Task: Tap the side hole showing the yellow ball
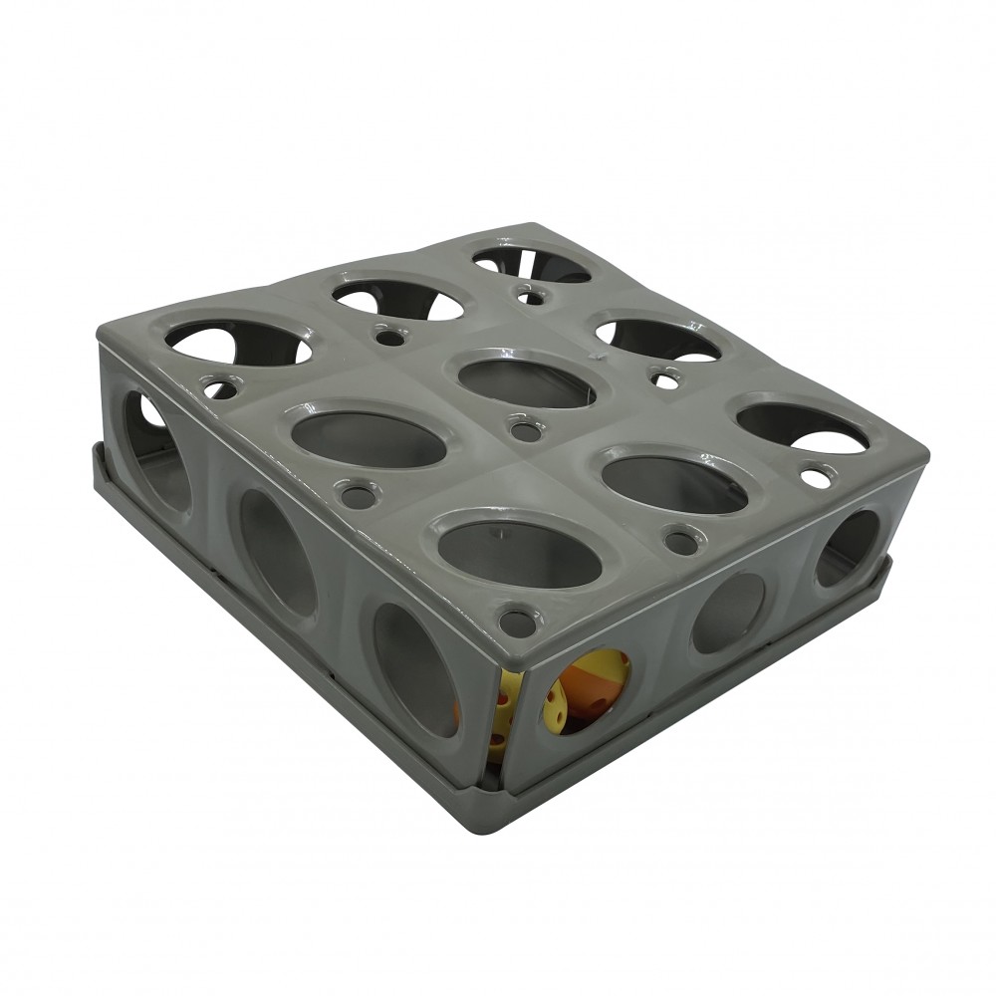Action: [586, 691]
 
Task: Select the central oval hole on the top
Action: [526, 378]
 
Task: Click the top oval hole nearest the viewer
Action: [520, 553]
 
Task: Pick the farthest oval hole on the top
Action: [530, 264]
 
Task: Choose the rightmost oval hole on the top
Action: [802, 427]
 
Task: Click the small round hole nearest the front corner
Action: [517, 622]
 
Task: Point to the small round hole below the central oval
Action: [525, 431]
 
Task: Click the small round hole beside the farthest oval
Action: [532, 296]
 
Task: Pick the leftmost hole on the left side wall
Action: [154, 450]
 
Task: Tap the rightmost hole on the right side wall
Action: [848, 549]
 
